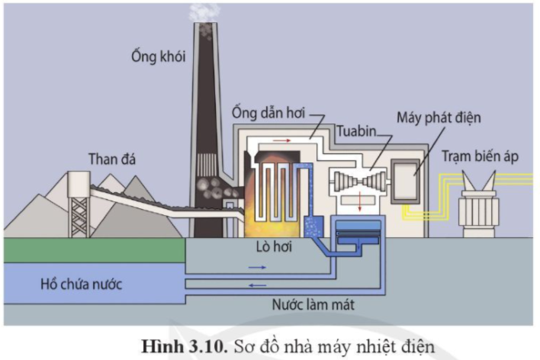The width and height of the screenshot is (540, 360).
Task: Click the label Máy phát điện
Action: click(439, 118)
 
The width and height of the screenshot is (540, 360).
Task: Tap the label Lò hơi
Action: click(274, 247)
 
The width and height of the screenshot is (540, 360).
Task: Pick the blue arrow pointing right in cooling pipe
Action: click(257, 267)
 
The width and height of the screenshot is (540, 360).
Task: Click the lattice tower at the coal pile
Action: click(79, 199)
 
